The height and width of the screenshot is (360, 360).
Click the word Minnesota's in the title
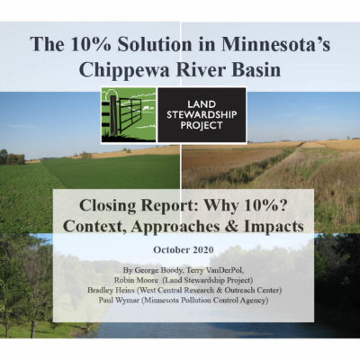coord(276,44)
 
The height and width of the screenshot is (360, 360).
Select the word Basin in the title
coord(255,70)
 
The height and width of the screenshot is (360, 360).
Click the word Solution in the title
coord(155,44)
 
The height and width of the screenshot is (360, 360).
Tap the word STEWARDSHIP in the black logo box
coord(202,114)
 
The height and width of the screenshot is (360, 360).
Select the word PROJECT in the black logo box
coord(202,125)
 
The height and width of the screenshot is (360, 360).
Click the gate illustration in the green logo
coord(125,115)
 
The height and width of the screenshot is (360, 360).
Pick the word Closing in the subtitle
coord(108,207)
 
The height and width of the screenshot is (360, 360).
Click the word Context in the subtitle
coord(94,227)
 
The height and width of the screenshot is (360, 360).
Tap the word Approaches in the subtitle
coord(175,228)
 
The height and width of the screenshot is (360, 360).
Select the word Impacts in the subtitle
coord(274,227)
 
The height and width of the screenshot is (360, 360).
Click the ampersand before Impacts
coord(232,227)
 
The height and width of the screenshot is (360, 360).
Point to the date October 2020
coord(184,249)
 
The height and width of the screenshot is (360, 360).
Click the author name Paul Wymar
coord(119,300)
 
